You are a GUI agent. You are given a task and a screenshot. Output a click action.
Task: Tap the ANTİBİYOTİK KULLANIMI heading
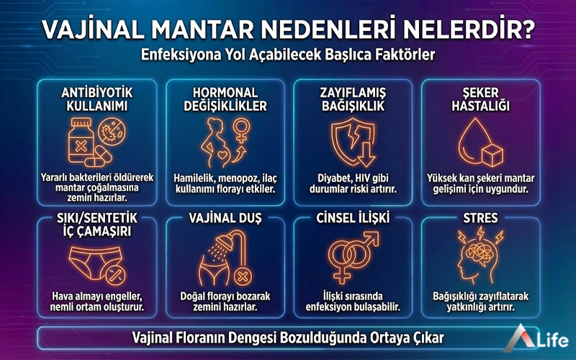(98, 99)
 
